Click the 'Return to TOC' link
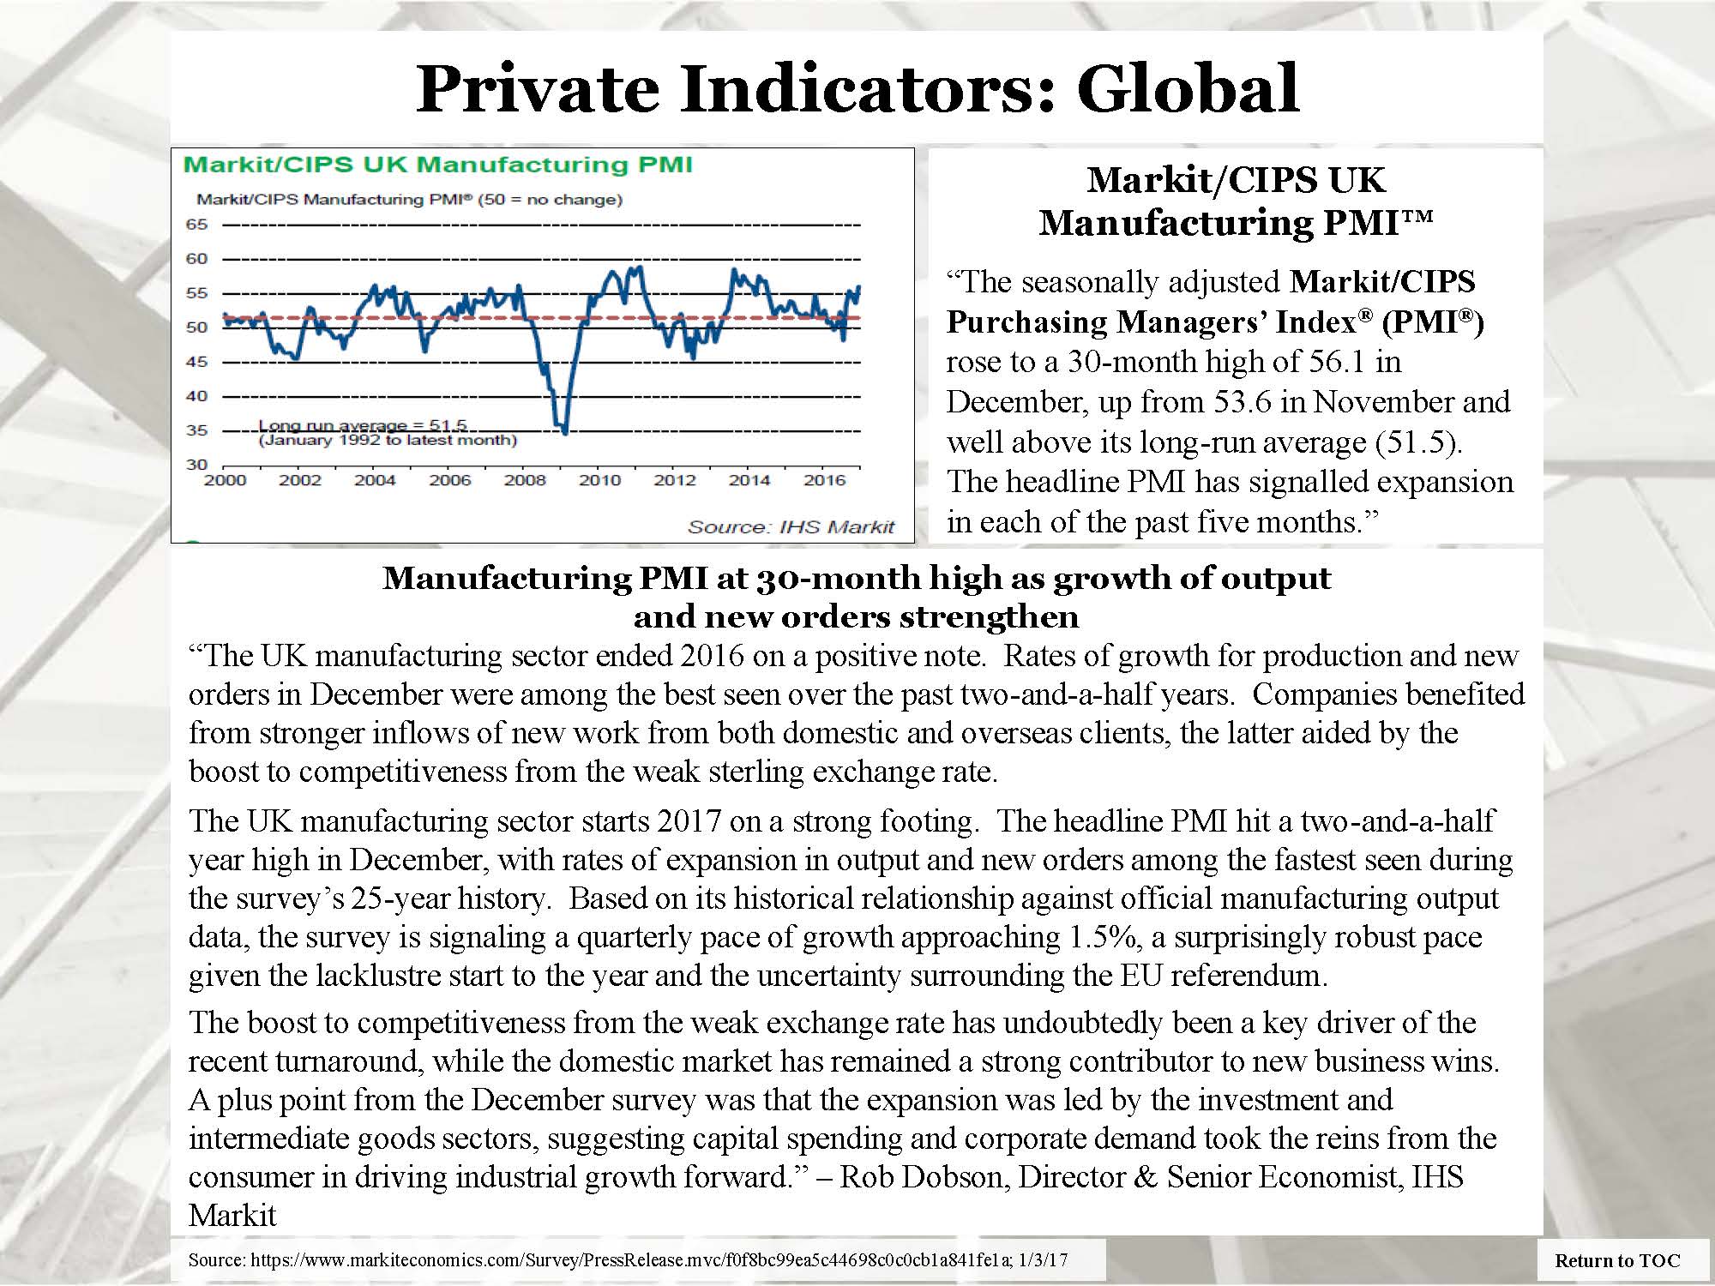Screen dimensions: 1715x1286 point(1617,1260)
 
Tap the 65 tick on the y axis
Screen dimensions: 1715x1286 point(197,225)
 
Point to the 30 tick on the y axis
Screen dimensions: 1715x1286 point(197,465)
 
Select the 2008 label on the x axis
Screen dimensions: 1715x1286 point(525,480)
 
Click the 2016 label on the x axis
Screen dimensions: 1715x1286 point(824,480)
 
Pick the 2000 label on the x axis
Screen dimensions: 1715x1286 point(225,480)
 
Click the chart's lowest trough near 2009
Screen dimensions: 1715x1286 point(564,432)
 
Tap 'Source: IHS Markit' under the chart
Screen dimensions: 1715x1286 point(791,526)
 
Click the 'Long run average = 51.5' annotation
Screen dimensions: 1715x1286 point(363,425)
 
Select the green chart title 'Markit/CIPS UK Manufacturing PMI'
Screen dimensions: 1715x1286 point(438,164)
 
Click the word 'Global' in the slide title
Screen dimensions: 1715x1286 point(1188,87)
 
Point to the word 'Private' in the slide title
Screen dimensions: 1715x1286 point(536,87)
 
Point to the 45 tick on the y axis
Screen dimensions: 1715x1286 point(197,362)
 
